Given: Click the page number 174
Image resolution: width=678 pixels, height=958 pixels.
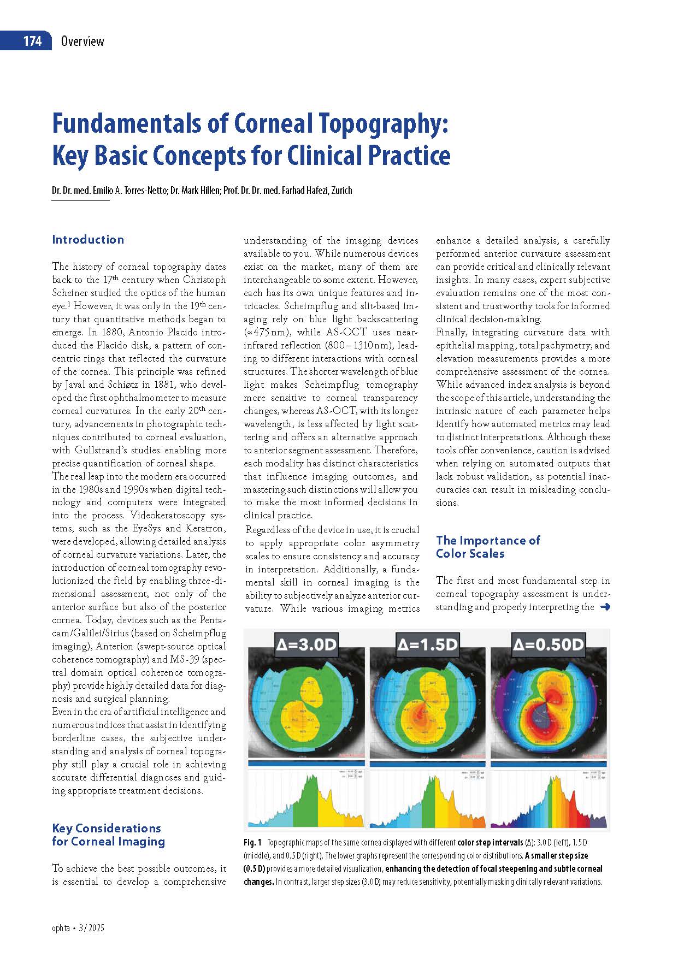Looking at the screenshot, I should coord(32,42).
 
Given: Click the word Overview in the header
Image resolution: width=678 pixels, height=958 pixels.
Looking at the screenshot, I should coord(82,42).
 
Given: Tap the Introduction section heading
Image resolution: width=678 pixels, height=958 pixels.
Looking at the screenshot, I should coord(88,240).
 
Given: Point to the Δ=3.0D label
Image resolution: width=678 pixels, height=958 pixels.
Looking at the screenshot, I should coord(306,644).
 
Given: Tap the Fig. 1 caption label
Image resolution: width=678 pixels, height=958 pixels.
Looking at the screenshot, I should coord(253,842).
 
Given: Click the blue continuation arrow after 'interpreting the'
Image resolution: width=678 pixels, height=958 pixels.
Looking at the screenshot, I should coord(604,607).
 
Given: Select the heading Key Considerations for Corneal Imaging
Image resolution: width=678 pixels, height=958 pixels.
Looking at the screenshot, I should coord(108,835).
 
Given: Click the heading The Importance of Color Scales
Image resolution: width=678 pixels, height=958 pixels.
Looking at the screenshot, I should coord(487,547).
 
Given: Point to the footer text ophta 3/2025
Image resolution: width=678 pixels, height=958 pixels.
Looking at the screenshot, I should coord(78,928).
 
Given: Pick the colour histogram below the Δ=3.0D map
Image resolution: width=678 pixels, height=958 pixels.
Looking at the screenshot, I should coord(306,798).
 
